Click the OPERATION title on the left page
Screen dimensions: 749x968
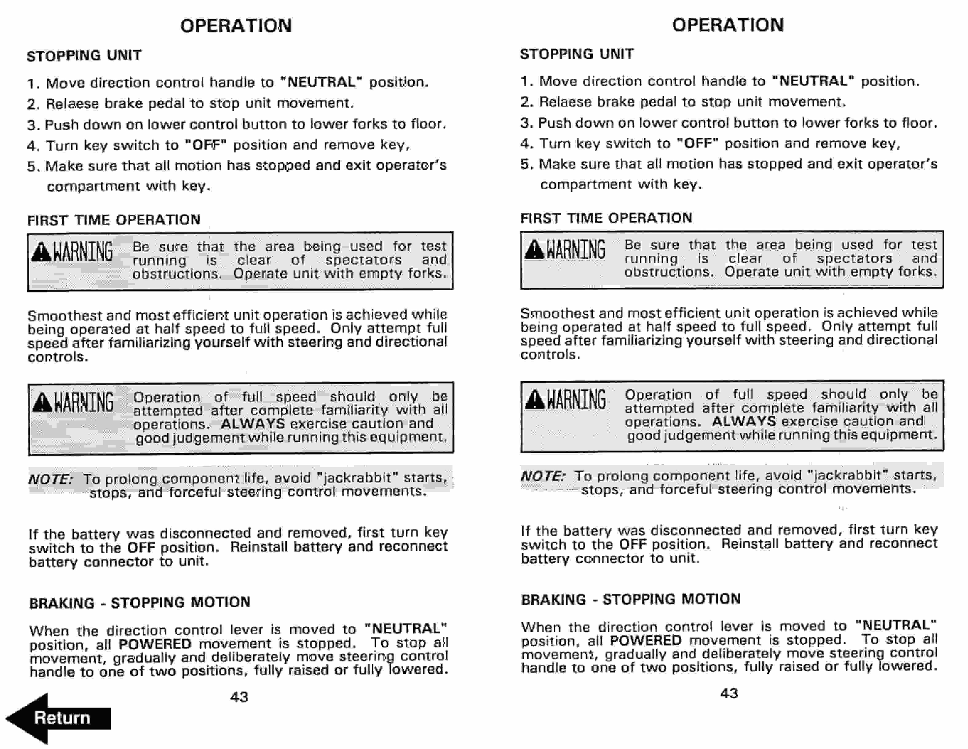236,26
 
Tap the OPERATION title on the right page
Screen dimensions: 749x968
728,25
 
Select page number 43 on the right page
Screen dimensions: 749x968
729,693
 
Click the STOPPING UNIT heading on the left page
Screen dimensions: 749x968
84,55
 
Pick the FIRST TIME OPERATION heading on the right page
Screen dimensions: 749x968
606,218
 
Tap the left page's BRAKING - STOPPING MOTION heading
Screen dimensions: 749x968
140,603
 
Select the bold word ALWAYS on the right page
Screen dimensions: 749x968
744,421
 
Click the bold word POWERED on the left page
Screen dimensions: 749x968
155,644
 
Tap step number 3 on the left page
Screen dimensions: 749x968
33,125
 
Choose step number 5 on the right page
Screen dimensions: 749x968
526,164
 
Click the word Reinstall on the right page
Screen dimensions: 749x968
750,544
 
